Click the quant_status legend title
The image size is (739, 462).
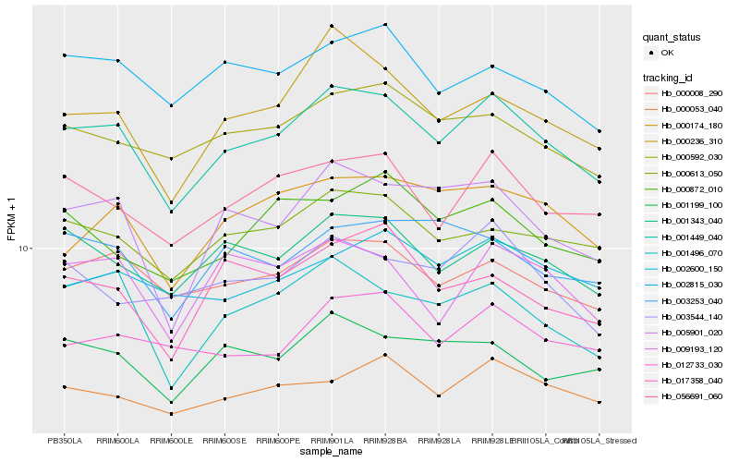[672, 37]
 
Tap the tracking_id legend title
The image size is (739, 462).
[668, 78]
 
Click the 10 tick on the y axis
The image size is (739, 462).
[26, 249]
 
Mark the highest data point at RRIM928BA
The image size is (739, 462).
[385, 25]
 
